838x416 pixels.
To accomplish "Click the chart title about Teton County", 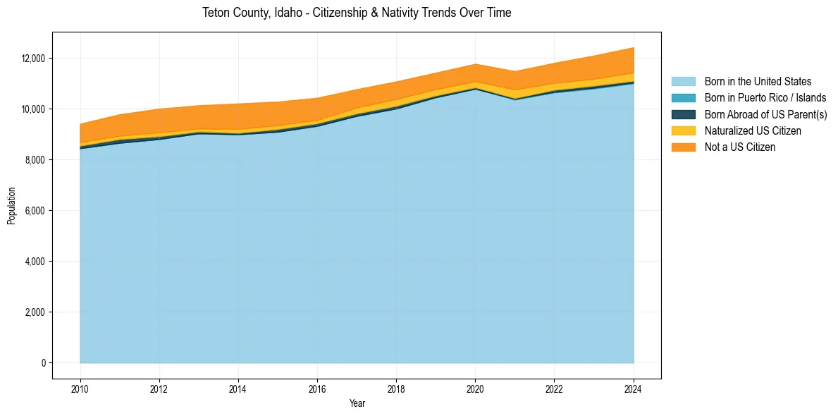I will [x=357, y=13].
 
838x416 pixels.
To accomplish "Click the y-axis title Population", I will [x=11, y=206].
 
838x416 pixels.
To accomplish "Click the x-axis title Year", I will [x=357, y=403].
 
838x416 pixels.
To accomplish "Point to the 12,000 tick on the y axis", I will [x=34, y=59].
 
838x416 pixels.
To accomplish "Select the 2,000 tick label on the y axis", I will [x=35, y=312].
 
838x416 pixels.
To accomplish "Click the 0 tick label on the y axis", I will [x=43, y=363].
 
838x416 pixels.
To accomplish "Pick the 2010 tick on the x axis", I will [x=80, y=389].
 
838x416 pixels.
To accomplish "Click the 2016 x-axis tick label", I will [x=317, y=389].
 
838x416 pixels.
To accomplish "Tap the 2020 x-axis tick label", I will [x=476, y=389].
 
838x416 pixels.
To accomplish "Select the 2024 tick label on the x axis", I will [x=634, y=389].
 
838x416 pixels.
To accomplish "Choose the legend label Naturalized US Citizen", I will [x=753, y=130].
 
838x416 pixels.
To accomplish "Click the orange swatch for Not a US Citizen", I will [x=683, y=147].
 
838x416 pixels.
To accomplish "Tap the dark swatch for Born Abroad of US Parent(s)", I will [x=683, y=114].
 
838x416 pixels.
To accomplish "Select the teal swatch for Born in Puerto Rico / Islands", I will [x=683, y=98].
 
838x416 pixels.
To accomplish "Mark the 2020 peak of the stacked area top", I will [x=476, y=64].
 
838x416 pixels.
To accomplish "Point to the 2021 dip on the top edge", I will [x=515, y=71].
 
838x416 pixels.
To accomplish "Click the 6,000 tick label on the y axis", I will [x=35, y=211].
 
